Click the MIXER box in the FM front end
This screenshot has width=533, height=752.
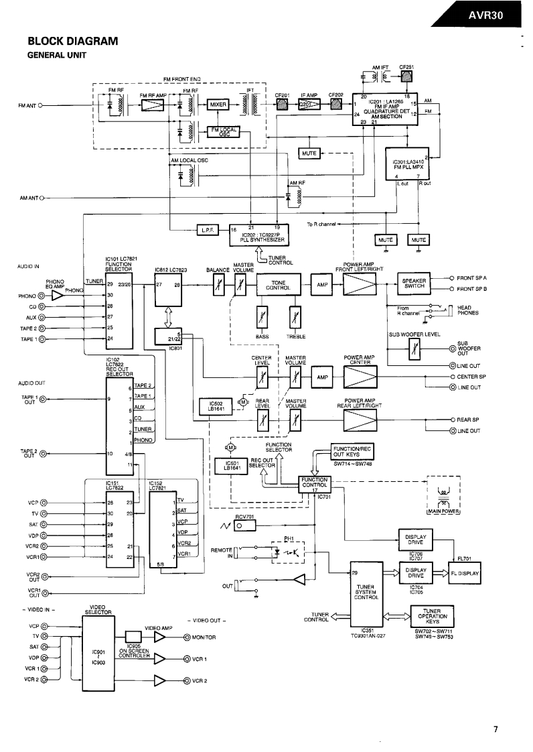pos(219,105)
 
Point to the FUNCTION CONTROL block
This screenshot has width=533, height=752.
pos(315,483)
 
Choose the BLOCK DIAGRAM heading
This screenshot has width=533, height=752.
pos(72,42)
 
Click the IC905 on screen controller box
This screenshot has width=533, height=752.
pos(133,637)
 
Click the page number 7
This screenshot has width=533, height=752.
pos(494,730)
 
